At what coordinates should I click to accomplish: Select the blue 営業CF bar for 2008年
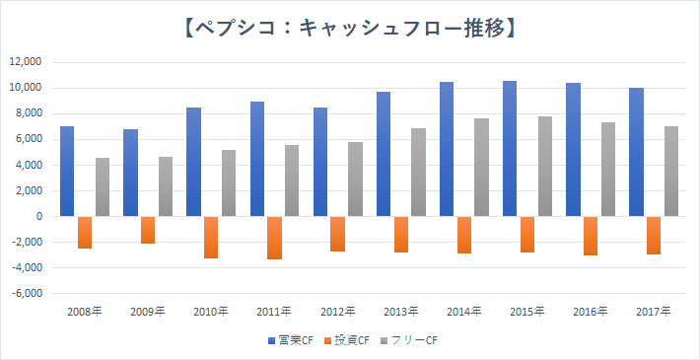click(x=67, y=172)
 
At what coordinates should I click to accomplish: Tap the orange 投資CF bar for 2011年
click(x=274, y=238)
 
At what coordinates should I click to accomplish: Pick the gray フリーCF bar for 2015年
click(x=545, y=167)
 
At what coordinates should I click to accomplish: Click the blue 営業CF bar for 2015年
click(x=510, y=149)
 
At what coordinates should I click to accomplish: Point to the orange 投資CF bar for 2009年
click(x=148, y=230)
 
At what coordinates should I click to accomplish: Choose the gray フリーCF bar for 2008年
click(x=103, y=187)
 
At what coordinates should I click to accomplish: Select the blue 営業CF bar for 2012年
click(x=320, y=162)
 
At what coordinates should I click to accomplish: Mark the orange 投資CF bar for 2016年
click(x=591, y=236)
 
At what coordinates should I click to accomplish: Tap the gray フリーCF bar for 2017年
click(x=671, y=172)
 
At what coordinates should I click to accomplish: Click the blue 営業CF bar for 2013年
click(x=384, y=154)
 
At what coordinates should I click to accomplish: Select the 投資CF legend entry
click(x=347, y=341)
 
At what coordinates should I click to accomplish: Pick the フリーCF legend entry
click(x=407, y=341)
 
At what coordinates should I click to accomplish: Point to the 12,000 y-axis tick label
click(x=26, y=62)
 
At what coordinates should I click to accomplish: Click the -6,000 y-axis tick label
click(x=26, y=294)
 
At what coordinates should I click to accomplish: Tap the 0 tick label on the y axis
click(x=38, y=217)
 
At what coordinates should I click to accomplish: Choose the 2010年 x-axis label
click(x=211, y=311)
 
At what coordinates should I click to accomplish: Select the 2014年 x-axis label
click(x=463, y=311)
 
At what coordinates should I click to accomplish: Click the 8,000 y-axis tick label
click(x=28, y=113)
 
